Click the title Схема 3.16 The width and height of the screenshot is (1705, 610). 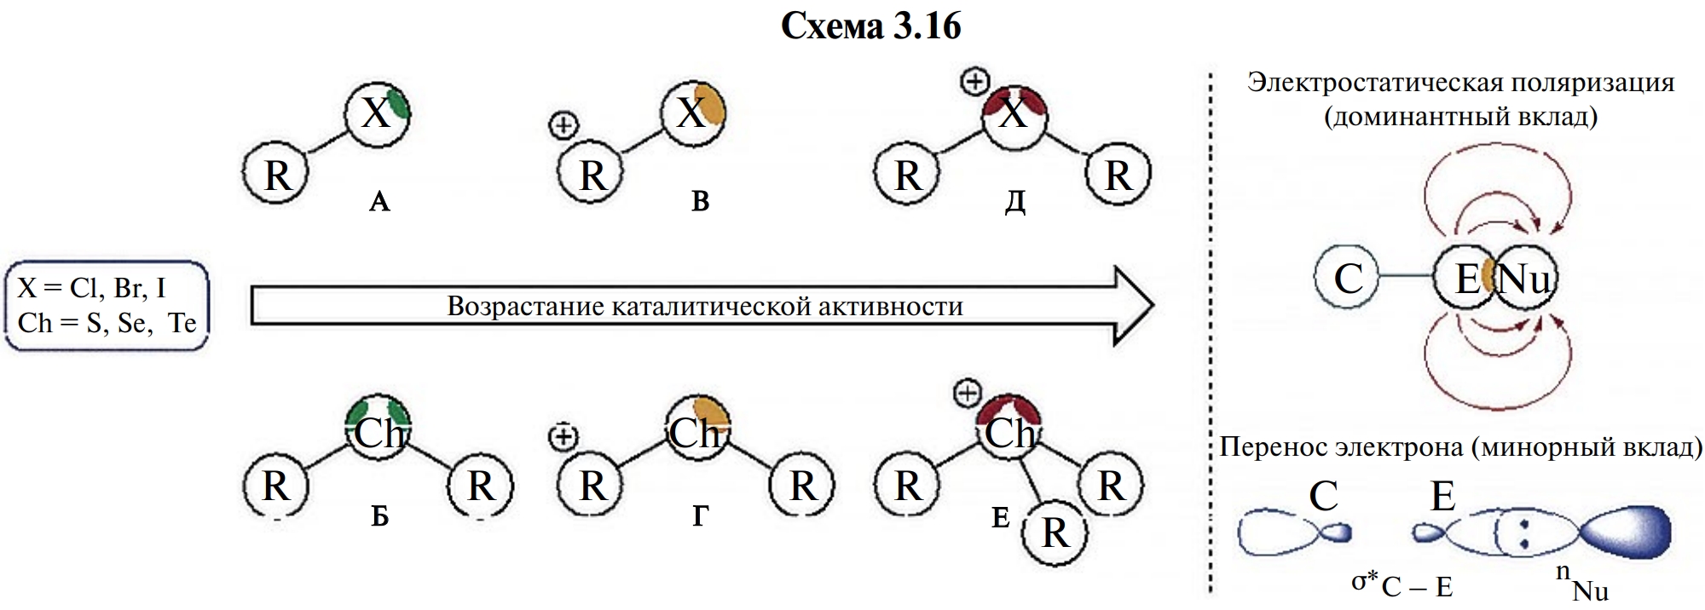tap(870, 27)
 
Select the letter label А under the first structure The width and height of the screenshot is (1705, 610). tap(379, 202)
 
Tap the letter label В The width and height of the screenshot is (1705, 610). tap(700, 202)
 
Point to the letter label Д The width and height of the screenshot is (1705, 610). tap(1014, 202)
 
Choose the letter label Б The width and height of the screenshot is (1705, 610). tap(379, 516)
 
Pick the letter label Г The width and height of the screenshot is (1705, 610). tap(699, 516)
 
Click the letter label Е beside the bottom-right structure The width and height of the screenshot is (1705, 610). tap(1001, 517)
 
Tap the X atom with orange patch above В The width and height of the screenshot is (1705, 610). tap(693, 112)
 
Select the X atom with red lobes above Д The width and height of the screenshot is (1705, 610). tap(1014, 112)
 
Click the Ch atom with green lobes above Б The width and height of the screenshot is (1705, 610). tap(379, 431)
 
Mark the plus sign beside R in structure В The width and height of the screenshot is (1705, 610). tap(563, 126)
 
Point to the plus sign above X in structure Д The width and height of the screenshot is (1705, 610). tap(974, 82)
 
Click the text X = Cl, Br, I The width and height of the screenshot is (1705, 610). tap(91, 288)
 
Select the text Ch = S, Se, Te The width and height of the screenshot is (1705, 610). tap(107, 324)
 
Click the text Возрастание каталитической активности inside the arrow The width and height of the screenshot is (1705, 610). tap(705, 307)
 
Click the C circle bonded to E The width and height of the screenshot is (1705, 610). tap(1347, 278)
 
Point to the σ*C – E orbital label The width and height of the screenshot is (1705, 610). tap(1402, 584)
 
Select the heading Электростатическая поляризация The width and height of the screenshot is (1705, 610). tap(1460, 83)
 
